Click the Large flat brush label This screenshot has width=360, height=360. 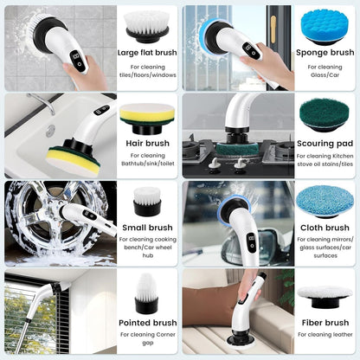147,53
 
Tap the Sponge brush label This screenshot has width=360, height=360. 325,53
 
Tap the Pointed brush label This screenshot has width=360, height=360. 147,323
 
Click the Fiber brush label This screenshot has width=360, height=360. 325,323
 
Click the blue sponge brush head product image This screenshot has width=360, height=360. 325,26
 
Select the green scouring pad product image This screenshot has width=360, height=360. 325,113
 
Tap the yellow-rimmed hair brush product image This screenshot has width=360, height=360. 147,115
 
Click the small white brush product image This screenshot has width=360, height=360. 147,202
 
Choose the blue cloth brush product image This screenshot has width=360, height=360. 325,201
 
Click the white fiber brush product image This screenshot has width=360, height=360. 325,294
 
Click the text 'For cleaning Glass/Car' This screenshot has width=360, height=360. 325,71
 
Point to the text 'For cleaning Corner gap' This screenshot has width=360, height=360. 147,338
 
